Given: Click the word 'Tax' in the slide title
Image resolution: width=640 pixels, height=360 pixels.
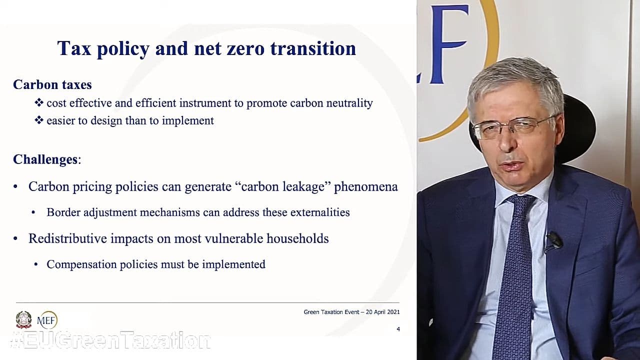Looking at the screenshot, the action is [x=74, y=48].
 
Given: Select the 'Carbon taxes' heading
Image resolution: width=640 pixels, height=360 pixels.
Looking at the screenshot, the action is [x=52, y=84].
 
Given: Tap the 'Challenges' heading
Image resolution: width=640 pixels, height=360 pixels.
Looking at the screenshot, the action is [x=45, y=159].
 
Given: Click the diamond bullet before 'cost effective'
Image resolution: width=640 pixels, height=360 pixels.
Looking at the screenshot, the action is [x=39, y=102].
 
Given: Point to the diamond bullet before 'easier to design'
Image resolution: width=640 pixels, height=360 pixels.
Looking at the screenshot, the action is [x=39, y=120].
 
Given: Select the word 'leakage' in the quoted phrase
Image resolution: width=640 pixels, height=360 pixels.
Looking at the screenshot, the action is [x=305, y=186].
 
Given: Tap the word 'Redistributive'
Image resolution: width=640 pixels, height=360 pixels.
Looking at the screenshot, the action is [x=67, y=238].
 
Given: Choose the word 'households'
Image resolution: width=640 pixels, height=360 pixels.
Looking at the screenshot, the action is [x=297, y=238].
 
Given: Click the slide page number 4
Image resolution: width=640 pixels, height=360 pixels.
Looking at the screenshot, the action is [x=398, y=329].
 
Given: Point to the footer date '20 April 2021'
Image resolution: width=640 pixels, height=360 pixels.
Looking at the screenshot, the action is [x=382, y=312].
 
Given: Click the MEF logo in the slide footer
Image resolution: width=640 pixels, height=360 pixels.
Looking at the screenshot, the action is [x=47, y=320].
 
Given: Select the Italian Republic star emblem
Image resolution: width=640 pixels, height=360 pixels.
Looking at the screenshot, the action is [x=23, y=319].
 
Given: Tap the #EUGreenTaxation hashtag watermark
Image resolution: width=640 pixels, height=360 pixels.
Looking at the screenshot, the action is [x=110, y=340].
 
